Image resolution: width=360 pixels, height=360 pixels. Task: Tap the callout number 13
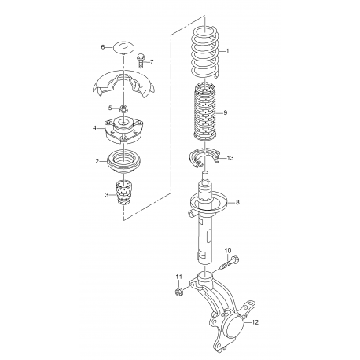click(230, 158)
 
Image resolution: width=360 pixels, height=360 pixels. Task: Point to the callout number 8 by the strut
click(238, 204)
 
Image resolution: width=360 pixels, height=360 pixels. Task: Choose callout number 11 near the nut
click(178, 276)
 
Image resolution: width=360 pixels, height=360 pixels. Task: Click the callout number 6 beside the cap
click(102, 47)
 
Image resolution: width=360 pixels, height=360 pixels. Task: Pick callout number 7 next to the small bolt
click(152, 62)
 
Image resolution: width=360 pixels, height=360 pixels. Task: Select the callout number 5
click(110, 108)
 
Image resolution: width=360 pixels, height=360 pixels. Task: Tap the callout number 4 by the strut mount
click(95, 128)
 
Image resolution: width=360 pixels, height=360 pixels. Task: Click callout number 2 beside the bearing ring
click(97, 161)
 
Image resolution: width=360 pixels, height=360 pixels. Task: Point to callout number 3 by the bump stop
click(108, 194)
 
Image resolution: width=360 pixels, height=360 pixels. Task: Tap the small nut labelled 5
click(123, 108)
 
